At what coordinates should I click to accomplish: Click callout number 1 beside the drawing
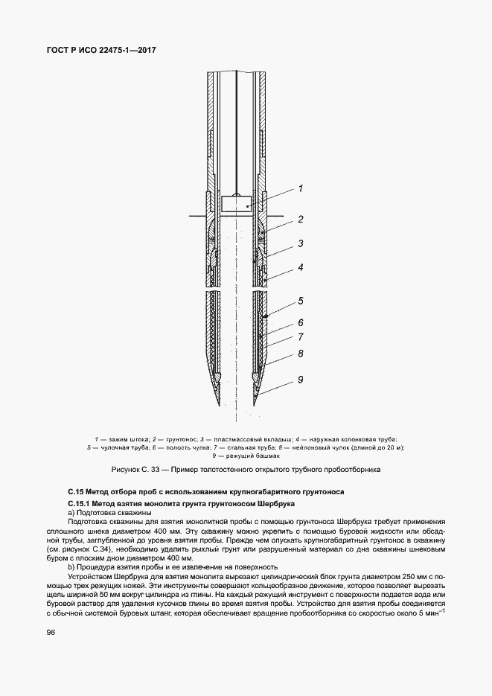pyautogui.click(x=300, y=189)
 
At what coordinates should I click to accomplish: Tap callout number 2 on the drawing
pyautogui.click(x=300, y=220)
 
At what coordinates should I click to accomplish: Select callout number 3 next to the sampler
pyautogui.click(x=300, y=243)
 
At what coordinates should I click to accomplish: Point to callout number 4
pyautogui.click(x=300, y=266)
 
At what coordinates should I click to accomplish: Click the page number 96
pyautogui.click(x=51, y=633)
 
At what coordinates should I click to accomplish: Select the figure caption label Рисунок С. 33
pyautogui.click(x=135, y=470)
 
